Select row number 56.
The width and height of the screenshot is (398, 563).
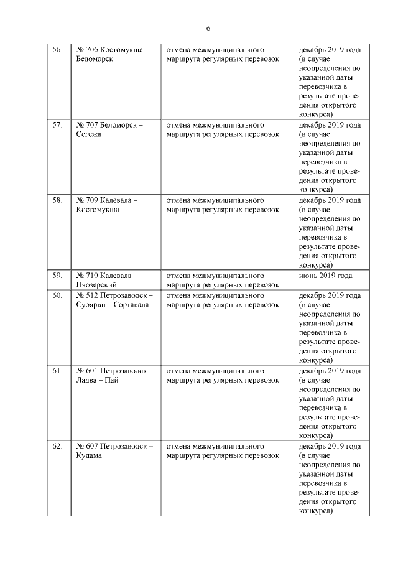(57, 49)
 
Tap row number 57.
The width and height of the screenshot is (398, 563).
(57, 125)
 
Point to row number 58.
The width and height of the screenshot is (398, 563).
(57, 200)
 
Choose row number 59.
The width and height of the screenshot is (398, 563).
(57, 276)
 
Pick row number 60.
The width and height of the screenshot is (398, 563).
(57, 295)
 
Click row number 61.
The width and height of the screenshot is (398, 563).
(57, 371)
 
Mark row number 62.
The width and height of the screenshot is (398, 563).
(57, 446)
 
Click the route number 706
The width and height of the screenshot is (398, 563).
(92, 49)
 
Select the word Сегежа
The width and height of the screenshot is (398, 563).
(88, 134)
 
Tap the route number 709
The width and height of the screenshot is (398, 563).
(92, 200)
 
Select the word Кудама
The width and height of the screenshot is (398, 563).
(90, 455)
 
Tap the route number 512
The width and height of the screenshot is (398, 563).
(92, 295)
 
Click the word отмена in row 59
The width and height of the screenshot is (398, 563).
(179, 276)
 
